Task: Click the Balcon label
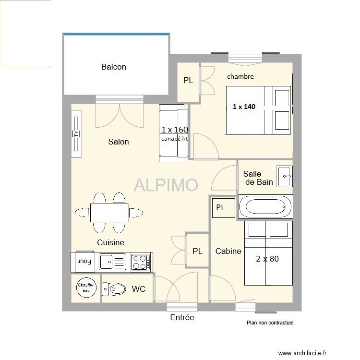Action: point(114,67)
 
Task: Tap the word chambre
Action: point(240,76)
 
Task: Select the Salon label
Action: point(119,142)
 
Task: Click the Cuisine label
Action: point(111,242)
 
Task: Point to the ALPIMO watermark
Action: point(166,185)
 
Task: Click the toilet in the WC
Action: point(114,289)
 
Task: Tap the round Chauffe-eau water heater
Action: point(86,288)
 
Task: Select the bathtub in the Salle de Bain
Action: point(265,206)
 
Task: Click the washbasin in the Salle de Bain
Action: point(284,176)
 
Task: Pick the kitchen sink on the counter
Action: point(112,262)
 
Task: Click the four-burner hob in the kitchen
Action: point(141,262)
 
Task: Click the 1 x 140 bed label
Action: point(244,107)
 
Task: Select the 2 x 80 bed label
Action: point(267,259)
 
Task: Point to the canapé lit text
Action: point(175,139)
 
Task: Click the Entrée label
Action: point(182,317)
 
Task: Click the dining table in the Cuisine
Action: point(109,213)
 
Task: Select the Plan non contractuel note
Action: point(270,323)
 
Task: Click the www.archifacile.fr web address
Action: point(302,353)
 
